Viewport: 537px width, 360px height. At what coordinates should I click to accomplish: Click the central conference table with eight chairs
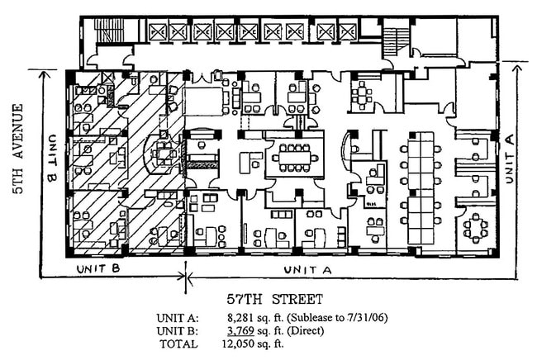point(294,157)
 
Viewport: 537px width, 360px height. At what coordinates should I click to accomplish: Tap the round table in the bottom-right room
point(476,227)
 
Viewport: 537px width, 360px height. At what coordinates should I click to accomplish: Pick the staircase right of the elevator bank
point(397,39)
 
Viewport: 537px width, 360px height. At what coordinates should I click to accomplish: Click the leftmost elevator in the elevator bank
point(158,32)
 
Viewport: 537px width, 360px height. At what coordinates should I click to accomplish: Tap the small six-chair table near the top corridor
point(362,92)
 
